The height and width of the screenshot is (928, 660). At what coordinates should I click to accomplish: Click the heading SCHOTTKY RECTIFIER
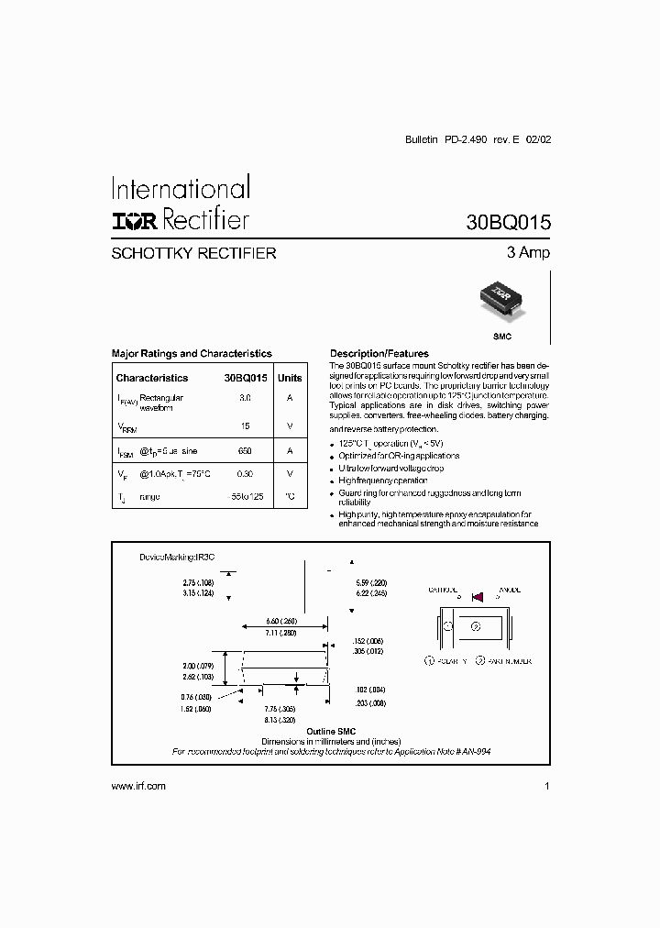point(193,253)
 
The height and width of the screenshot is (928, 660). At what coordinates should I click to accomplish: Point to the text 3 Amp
point(528,253)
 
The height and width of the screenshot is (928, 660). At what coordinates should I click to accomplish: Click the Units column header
point(290,378)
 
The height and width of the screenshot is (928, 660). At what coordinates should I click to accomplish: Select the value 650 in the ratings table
point(245,451)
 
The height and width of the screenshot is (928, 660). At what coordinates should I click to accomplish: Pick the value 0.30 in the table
point(245,474)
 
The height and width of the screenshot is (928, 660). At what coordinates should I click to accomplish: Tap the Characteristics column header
point(152,378)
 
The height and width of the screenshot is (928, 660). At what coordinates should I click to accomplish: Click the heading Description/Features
point(379,353)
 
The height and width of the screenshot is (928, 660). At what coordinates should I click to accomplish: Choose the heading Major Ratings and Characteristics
point(192,353)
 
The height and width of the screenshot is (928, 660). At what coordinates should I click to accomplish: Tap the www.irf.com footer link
point(137,787)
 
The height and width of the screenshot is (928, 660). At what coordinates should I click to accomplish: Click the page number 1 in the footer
point(546,787)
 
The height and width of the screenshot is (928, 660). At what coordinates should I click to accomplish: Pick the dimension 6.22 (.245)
point(372,593)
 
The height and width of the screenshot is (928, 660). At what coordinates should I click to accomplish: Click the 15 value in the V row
point(245,426)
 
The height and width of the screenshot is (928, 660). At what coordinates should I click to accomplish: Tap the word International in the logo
point(181,189)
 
